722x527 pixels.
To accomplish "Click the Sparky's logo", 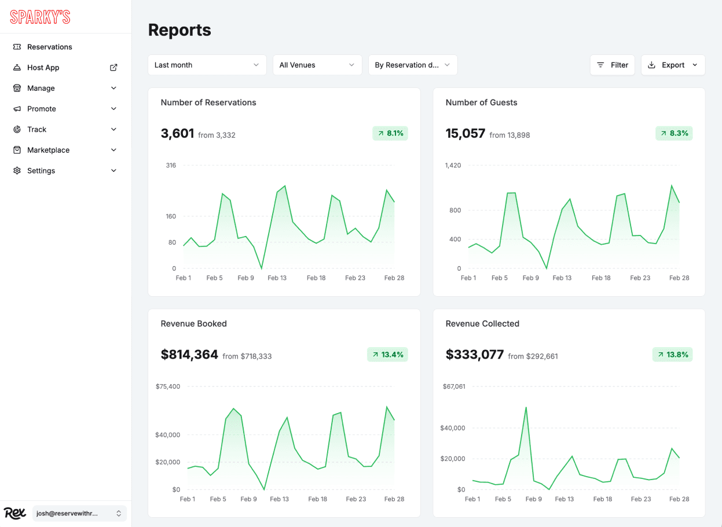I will tap(40, 17).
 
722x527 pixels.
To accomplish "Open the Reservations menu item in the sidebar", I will tap(50, 47).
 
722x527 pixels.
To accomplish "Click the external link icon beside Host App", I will tap(113, 68).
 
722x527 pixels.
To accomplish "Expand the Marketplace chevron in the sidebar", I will tap(113, 150).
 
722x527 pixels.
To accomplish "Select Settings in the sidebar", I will tap(41, 171).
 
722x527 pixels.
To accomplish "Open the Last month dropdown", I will tap(207, 65).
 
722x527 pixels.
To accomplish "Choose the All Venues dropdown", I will tap(317, 65).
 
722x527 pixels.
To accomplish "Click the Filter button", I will tap(612, 65).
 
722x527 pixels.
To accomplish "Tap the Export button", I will tap(673, 65).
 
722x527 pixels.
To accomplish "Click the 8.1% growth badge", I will tap(390, 133).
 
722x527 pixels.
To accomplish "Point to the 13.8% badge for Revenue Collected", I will tap(672, 355).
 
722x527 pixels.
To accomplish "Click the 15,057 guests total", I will tap(465, 134).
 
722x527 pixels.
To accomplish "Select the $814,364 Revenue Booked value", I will tap(189, 355).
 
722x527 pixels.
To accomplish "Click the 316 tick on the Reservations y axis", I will tap(171, 165).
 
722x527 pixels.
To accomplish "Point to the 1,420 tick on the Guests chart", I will tap(453, 165).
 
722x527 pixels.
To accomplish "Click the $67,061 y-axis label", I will tap(453, 386).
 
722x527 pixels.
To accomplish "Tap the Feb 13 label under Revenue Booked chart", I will tap(279, 499).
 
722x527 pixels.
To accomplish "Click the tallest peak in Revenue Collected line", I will tap(526, 407).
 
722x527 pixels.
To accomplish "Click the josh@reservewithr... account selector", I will tap(79, 513).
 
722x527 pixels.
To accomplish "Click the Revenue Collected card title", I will tap(482, 323).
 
